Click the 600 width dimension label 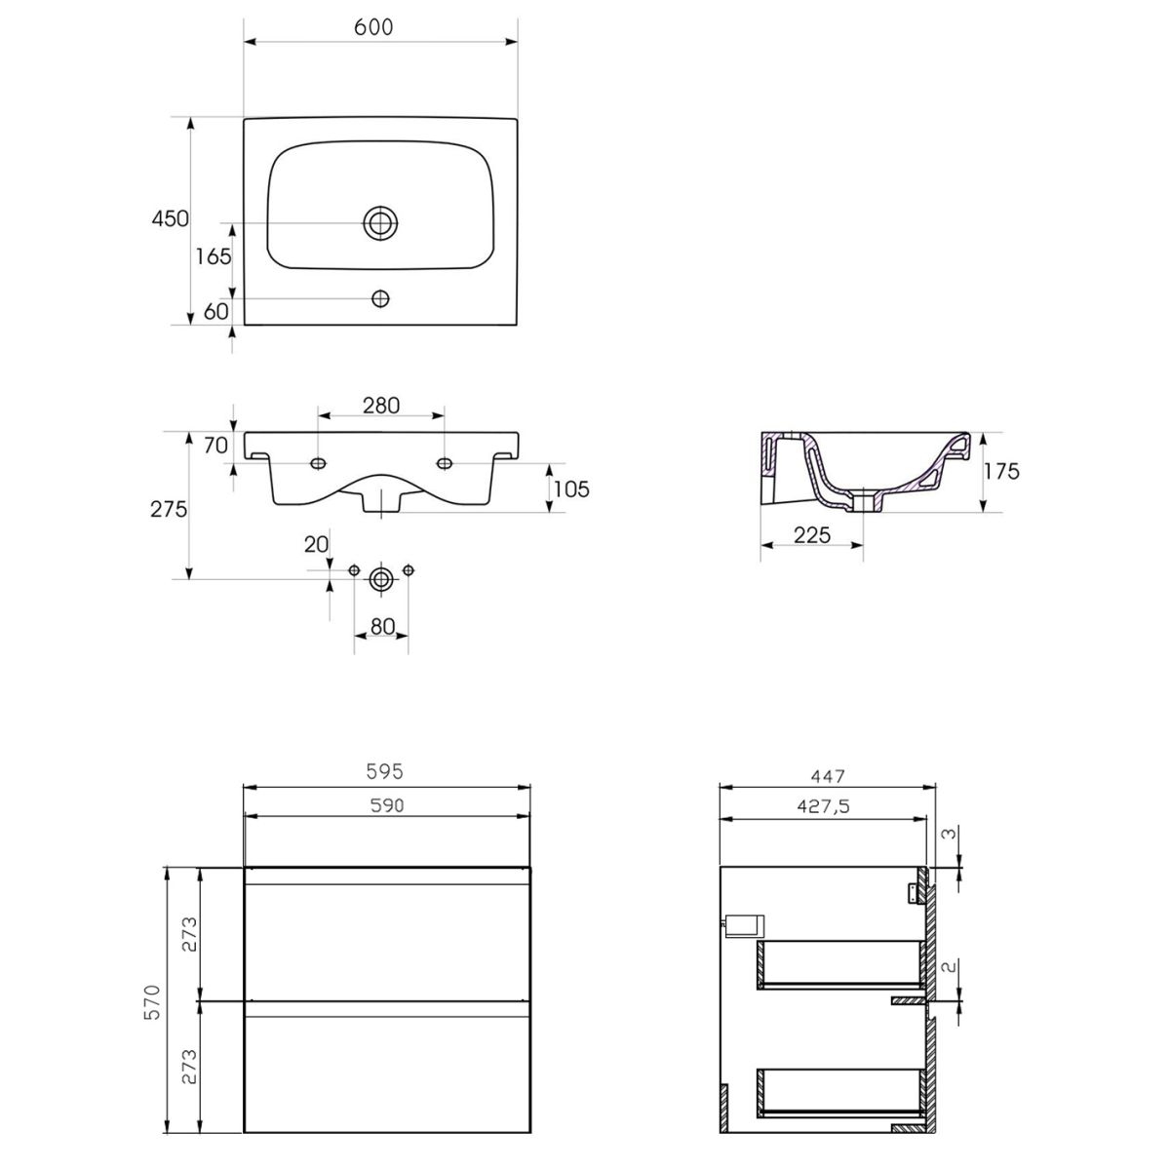pos(373,27)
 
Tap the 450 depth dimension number pos(170,218)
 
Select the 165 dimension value pos(214,256)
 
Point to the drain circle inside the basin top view pos(380,223)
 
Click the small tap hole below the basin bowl pos(380,298)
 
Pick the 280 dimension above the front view pos(381,405)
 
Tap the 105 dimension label pos(571,488)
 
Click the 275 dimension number pos(169,509)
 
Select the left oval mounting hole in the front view pos(318,464)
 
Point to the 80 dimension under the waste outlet pos(382,627)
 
